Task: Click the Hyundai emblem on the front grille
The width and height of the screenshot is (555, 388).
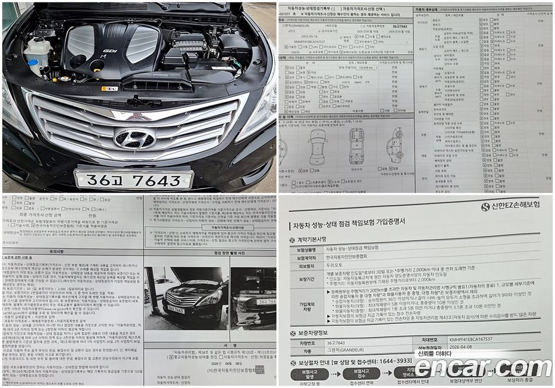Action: pyautogui.click(x=134, y=138)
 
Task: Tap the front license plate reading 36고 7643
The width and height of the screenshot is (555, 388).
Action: pyautogui.click(x=134, y=179)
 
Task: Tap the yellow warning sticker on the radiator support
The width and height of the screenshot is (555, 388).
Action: pyautogui.click(x=109, y=89)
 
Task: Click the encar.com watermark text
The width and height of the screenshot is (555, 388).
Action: pyautogui.click(x=482, y=368)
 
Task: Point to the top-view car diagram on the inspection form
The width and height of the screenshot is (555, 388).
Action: pyautogui.click(x=356, y=146)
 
